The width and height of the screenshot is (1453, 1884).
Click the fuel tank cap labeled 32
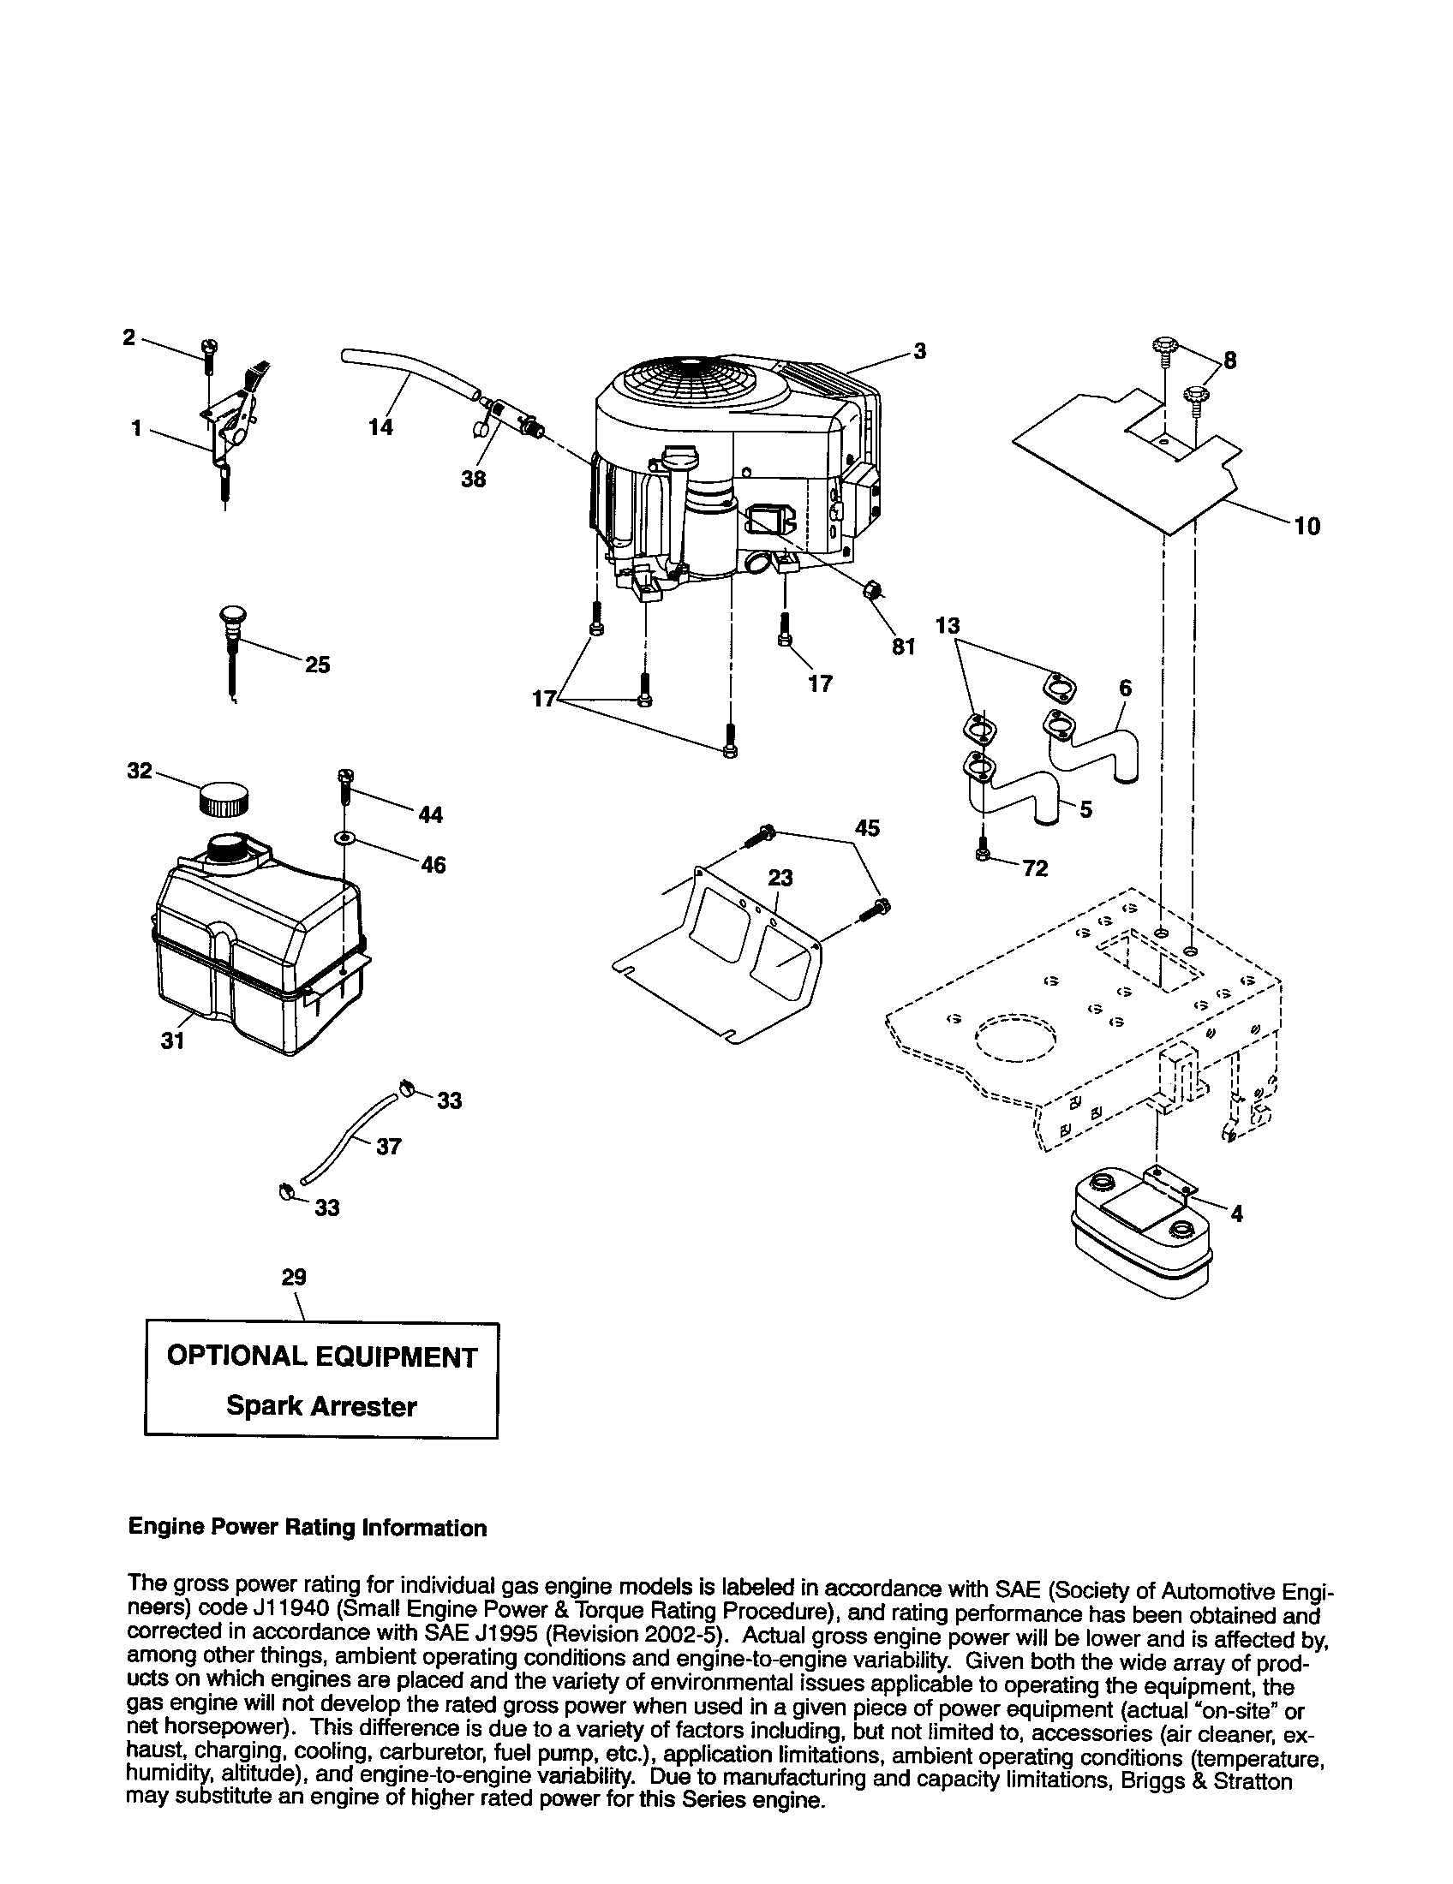click(224, 798)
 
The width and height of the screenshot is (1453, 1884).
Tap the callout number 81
click(902, 646)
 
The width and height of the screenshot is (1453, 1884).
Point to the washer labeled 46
click(345, 838)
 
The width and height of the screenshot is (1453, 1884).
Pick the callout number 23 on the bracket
click(780, 877)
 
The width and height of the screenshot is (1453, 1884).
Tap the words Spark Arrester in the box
click(321, 1406)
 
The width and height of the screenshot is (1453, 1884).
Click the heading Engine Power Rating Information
click(308, 1528)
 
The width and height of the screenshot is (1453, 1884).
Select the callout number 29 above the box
click(294, 1277)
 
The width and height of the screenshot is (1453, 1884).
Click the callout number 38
click(473, 479)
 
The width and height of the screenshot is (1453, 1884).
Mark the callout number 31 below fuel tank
click(172, 1041)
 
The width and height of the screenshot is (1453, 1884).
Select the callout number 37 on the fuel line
click(389, 1147)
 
